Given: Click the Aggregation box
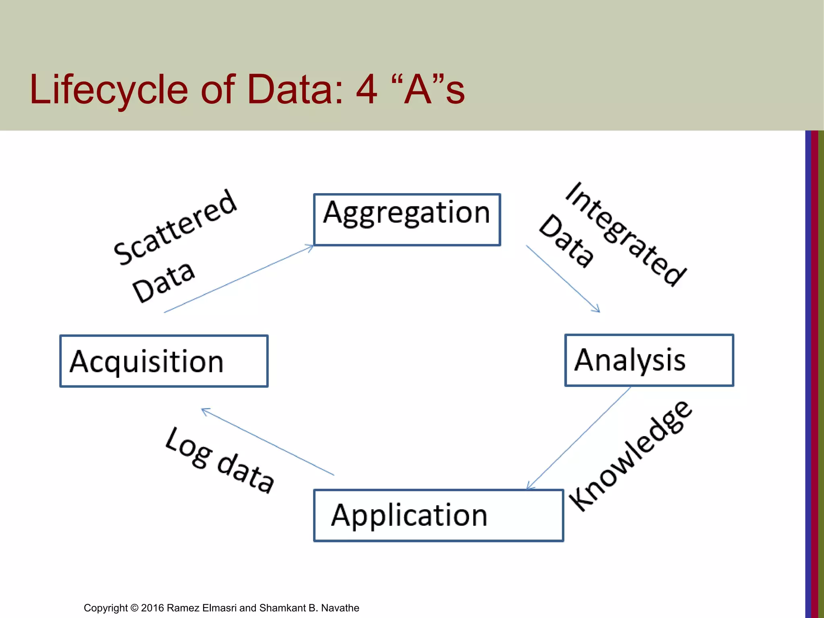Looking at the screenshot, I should (407, 220).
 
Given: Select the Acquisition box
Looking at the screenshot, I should (164, 361).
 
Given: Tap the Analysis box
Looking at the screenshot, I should (649, 360).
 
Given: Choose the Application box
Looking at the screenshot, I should (438, 515).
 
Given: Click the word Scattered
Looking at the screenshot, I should (175, 227).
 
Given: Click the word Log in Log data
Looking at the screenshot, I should (188, 448).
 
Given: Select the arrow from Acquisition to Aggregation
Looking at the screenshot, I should (239, 279).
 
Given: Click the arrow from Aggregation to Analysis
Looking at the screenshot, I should (563, 278).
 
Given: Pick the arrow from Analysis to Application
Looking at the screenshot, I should (579, 438).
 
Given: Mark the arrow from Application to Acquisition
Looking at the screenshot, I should (268, 442).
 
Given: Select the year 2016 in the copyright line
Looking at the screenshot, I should (152, 608).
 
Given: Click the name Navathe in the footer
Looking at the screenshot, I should (340, 608).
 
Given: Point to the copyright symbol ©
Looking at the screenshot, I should (134, 608).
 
